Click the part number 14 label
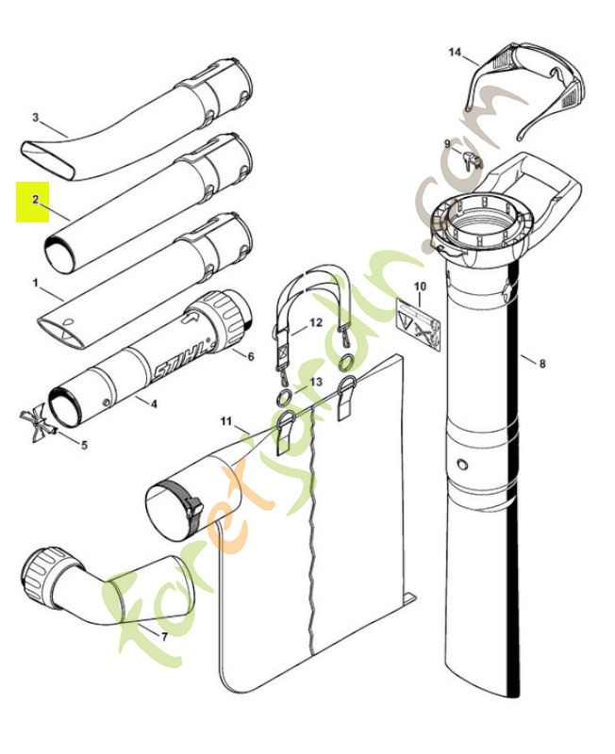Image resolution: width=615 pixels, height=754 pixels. coord(455,53)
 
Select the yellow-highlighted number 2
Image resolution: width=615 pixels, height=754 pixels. coord(35,200)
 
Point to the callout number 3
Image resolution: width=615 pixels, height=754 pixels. coord(35,118)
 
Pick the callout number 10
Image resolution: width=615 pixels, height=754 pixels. coord(420,286)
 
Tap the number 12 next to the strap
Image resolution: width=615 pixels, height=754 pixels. coord(316,322)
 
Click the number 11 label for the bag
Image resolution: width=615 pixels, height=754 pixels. coord(225,419)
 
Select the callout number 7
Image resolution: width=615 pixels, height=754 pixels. coord(164,638)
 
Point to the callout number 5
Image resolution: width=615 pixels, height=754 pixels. coord(84,444)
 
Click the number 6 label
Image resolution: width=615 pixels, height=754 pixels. coord(251,356)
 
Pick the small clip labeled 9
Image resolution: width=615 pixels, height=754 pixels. coord(474,159)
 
